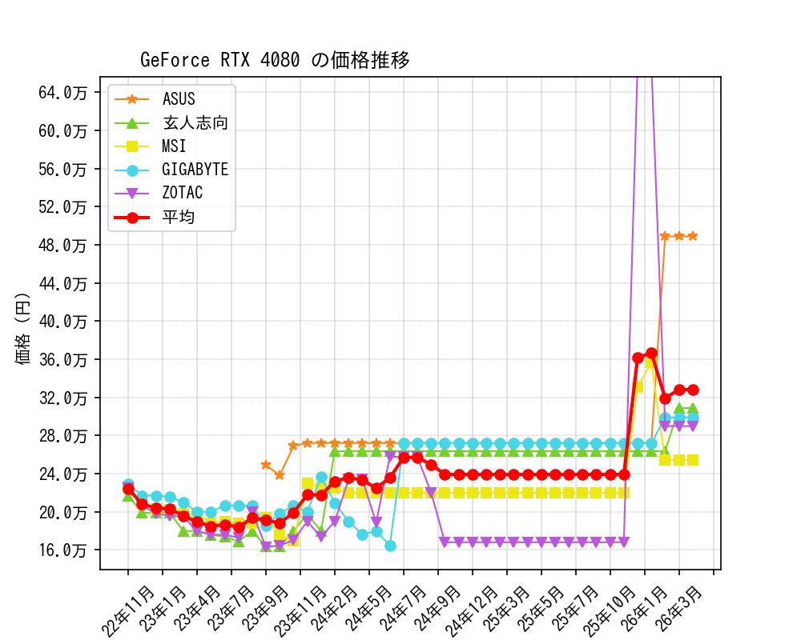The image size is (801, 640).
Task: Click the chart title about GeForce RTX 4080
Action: tap(275, 60)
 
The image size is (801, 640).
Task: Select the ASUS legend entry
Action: tap(178, 99)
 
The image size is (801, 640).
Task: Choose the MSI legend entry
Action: tap(174, 146)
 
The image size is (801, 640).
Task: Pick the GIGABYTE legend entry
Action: tap(194, 170)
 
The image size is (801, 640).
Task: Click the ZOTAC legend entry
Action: tap(182, 193)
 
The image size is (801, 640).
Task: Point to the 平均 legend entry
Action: tap(178, 217)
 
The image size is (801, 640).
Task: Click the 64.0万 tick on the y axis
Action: tap(63, 92)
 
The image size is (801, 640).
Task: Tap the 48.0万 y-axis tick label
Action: tap(63, 245)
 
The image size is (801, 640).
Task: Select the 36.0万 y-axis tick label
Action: tap(63, 359)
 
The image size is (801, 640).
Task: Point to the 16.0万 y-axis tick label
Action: tap(63, 550)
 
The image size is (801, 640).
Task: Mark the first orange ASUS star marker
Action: tap(266, 464)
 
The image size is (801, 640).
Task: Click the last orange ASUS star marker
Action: tap(693, 236)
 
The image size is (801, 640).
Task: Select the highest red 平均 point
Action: tap(651, 353)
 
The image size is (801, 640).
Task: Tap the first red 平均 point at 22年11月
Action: tap(128, 489)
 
